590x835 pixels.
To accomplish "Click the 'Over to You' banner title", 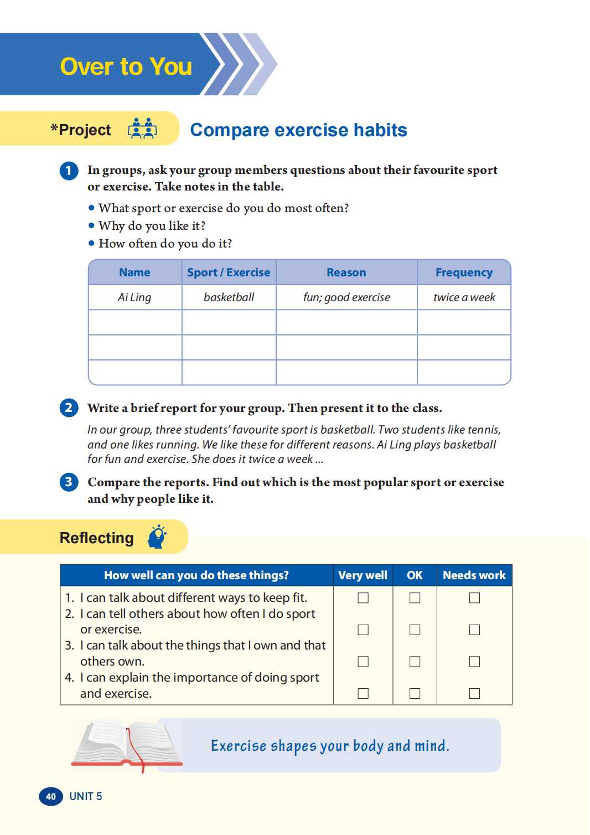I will pos(126,66).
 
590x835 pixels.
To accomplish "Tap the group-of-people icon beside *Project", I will pos(142,128).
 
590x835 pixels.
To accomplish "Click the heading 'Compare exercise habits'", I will pos(298,130).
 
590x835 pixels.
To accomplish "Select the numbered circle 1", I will pos(69,171).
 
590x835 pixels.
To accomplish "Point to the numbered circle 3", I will pos(69,482).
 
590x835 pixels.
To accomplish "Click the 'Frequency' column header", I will pos(464,272).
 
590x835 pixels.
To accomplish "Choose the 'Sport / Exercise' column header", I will pos(229,272).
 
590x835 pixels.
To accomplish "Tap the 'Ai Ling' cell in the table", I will pos(134,297).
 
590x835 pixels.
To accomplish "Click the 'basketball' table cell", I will pos(229,297).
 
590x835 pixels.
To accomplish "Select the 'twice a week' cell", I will pos(464,297).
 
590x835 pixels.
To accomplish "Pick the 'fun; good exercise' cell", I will pos(346,297).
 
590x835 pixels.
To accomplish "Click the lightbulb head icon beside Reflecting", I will pos(157,537).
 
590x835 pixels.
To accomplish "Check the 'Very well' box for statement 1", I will pos(363,598).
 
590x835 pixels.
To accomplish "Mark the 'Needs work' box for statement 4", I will pos(474,693).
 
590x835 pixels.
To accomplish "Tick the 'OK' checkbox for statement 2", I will pos(415,630).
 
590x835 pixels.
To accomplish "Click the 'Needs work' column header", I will pos(474,575).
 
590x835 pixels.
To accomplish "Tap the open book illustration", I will pos(127,744).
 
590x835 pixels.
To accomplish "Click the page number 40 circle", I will pos(50,796).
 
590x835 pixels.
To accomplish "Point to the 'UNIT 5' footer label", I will pos(86,796).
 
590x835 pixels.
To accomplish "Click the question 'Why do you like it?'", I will pos(152,226).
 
